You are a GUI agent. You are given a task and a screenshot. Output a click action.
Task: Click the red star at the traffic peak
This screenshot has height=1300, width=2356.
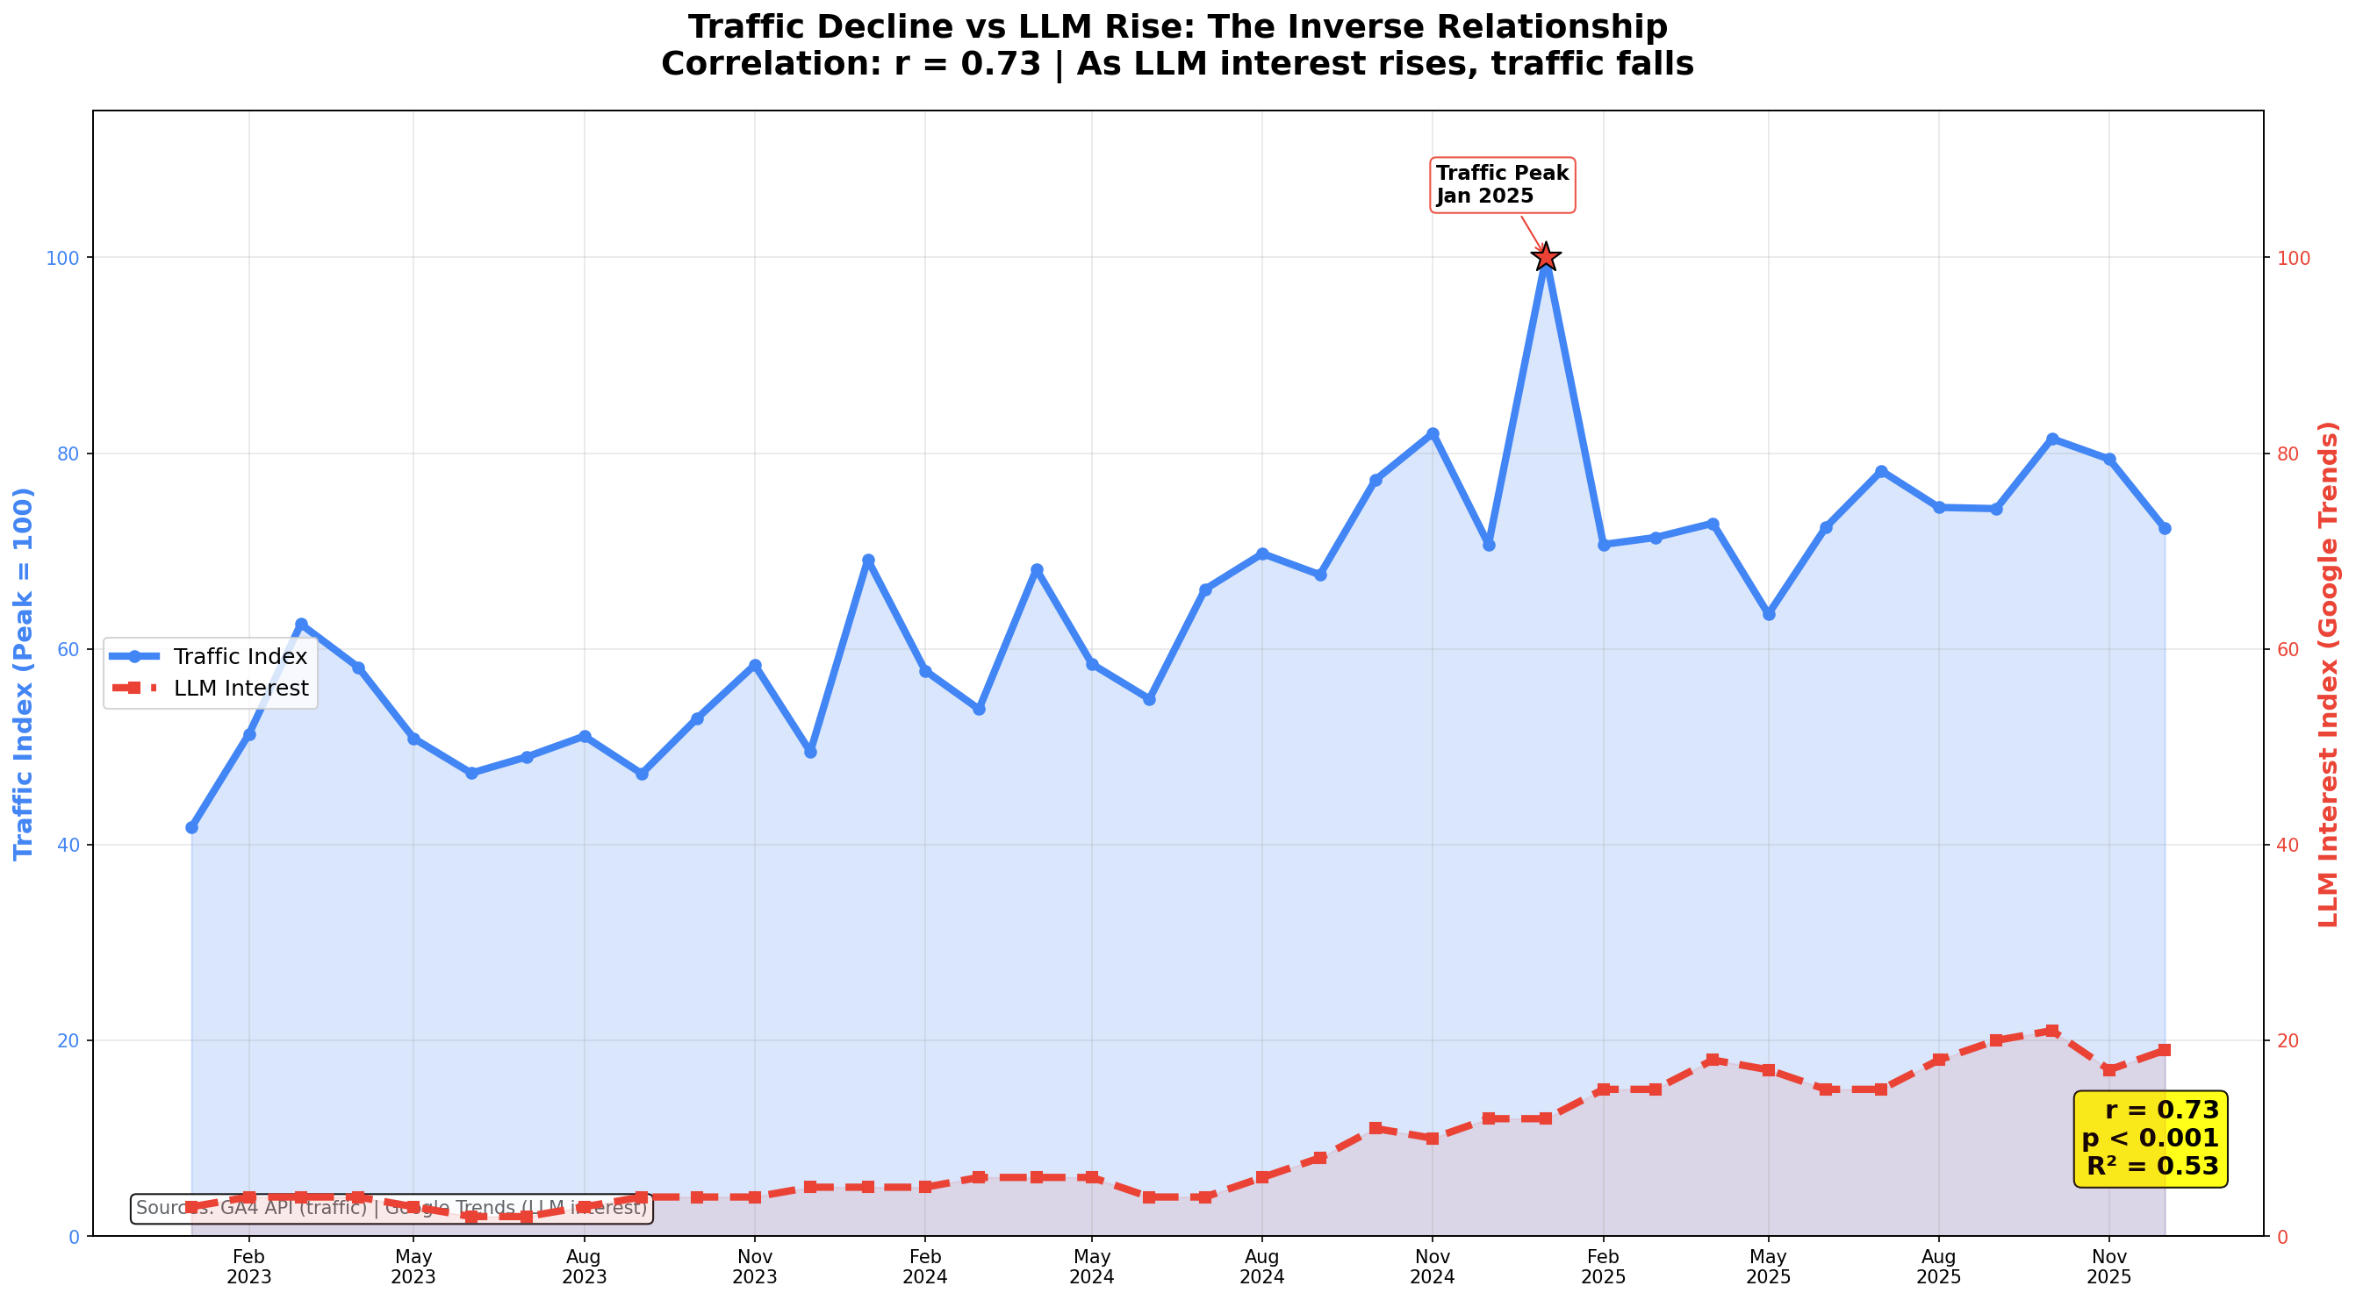(x=1546, y=257)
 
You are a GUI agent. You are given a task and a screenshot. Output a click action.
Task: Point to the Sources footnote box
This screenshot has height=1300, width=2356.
(x=391, y=1209)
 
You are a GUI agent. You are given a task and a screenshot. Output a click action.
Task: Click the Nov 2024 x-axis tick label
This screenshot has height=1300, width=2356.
(x=1433, y=1266)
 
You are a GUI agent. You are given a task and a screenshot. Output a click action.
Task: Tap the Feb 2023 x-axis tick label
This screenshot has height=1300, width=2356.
(x=248, y=1266)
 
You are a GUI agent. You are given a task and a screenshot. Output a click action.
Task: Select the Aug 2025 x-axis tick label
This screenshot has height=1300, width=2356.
(x=1938, y=1266)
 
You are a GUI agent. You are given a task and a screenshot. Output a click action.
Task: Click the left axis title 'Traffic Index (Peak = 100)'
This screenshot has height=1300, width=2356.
(x=24, y=674)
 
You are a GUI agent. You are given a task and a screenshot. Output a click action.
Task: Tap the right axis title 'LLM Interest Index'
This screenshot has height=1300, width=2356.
(x=2330, y=674)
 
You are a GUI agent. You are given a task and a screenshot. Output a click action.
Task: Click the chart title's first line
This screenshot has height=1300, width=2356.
(x=1177, y=27)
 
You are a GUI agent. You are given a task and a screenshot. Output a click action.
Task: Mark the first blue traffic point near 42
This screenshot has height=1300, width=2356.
(x=191, y=827)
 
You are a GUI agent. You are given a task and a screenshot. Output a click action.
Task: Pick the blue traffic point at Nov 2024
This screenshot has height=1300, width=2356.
(x=1433, y=433)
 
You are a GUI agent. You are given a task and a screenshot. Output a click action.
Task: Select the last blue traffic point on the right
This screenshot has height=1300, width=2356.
(x=2165, y=528)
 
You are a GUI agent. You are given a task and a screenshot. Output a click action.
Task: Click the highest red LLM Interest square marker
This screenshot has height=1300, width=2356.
(x=2052, y=1032)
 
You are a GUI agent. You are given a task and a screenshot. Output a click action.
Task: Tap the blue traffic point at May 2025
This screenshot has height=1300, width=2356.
(x=1769, y=614)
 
